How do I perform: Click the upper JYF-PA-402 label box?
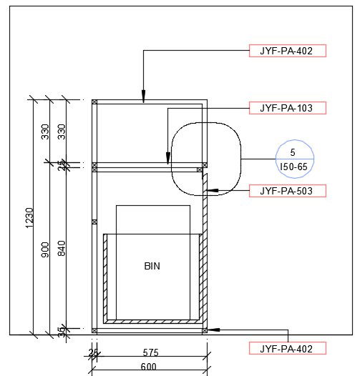tap(287, 51)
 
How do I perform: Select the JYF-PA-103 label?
tap(287, 108)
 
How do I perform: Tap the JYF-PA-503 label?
tap(287, 191)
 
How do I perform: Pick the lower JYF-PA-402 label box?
tap(287, 348)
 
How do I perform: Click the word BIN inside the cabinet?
tap(152, 266)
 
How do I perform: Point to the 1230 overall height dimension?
tap(29, 217)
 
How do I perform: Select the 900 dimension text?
tap(46, 250)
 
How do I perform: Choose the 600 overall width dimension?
tap(149, 367)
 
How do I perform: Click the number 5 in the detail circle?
tap(292, 153)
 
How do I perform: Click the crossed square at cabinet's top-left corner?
tap(94, 102)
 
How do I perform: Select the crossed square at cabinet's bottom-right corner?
tap(205, 330)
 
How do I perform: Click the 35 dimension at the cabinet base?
tap(62, 331)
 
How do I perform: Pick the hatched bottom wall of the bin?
tap(152, 322)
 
